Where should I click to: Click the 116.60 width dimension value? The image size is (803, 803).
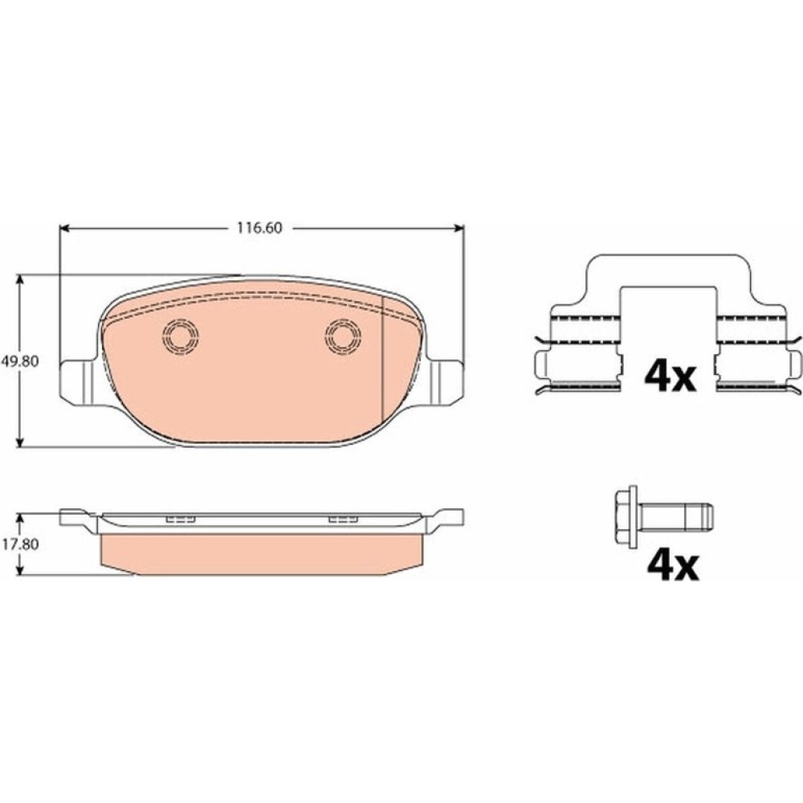[x=259, y=227]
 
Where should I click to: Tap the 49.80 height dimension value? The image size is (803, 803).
[x=20, y=361]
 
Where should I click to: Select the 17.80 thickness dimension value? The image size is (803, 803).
[x=20, y=544]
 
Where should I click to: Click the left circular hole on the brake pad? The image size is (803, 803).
[x=180, y=336]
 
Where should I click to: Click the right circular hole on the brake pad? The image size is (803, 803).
[x=343, y=336]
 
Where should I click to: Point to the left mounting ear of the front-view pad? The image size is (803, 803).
[x=79, y=381]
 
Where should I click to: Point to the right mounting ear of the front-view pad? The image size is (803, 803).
[x=446, y=381]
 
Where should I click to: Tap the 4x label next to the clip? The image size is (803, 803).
[x=670, y=377]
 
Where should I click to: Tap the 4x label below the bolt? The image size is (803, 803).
[x=673, y=565]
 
